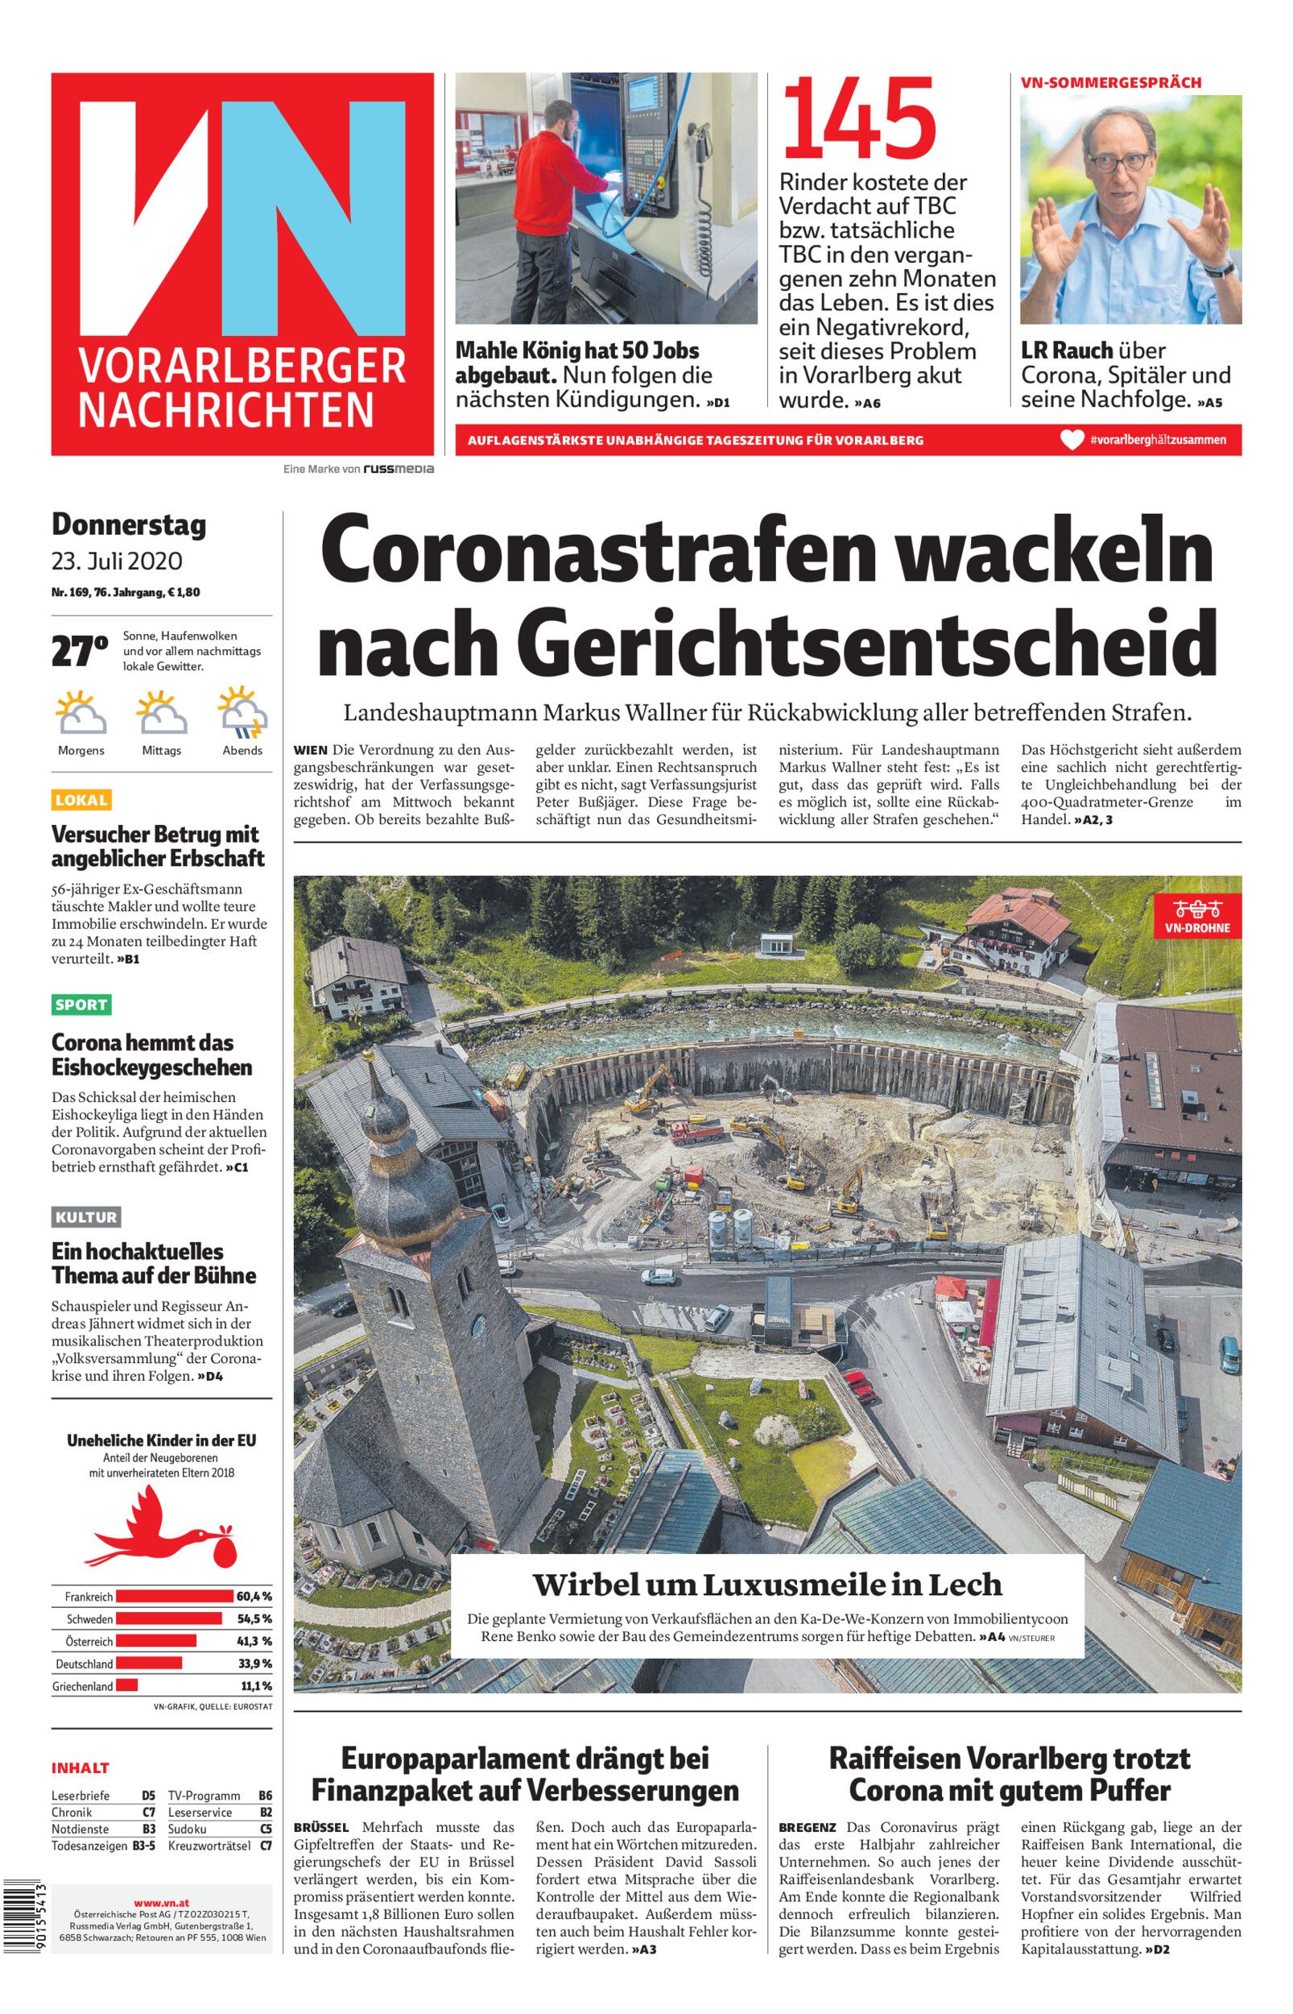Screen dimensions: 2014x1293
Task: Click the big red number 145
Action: pos(858,120)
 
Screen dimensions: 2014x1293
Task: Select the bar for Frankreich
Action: pos(174,1596)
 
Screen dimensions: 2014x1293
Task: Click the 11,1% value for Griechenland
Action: pos(256,1685)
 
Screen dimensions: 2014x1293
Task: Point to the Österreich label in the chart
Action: pos(89,1641)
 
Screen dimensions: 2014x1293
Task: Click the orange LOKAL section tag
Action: pos(81,801)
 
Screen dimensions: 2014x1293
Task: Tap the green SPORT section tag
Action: pos(81,1005)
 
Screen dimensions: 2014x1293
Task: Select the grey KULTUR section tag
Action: pos(86,1217)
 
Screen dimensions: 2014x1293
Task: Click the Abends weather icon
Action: pos(242,711)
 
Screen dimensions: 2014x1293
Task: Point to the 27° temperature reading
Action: pos(79,652)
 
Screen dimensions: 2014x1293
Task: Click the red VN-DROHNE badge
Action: pos(1197,916)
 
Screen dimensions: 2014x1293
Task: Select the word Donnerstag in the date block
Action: pos(129,525)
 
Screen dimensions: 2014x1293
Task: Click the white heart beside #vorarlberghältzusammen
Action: pos(1072,440)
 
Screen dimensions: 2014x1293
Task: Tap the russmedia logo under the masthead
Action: pos(398,470)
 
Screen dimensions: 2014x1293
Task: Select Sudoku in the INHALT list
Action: pos(188,1829)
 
